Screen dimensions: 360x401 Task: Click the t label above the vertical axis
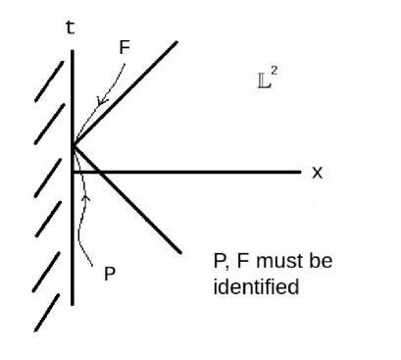click(x=70, y=27)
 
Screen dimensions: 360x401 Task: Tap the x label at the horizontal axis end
click(x=317, y=172)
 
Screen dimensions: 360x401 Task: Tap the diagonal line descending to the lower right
click(x=137, y=209)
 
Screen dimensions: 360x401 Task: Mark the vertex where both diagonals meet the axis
click(x=74, y=146)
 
